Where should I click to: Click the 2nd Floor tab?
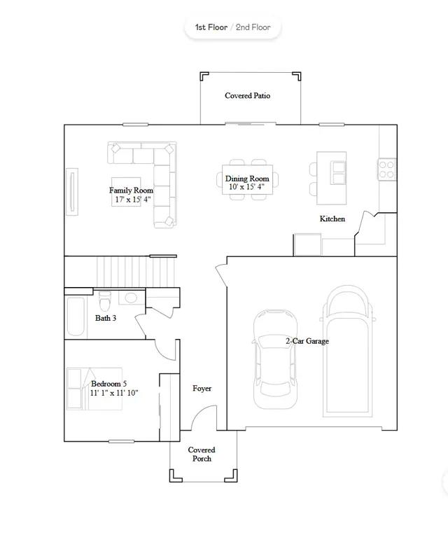click(253, 27)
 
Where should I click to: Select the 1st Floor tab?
click(211, 27)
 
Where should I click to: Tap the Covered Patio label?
click(248, 95)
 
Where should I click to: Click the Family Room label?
click(131, 190)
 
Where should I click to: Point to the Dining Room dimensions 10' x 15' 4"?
click(247, 187)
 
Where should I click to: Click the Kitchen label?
click(332, 218)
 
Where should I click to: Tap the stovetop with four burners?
click(386, 169)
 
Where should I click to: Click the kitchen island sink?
click(338, 173)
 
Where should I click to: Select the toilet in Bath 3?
click(105, 299)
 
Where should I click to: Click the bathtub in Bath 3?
click(76, 317)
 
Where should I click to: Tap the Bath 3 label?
click(106, 318)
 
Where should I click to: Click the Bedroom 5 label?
click(108, 384)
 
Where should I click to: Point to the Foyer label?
click(202, 388)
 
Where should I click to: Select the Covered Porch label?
click(202, 454)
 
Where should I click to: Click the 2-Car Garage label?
click(307, 341)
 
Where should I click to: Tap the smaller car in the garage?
click(275, 359)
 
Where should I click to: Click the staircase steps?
click(136, 272)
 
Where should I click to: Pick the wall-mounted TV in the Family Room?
click(72, 191)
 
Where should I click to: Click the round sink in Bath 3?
click(132, 298)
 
